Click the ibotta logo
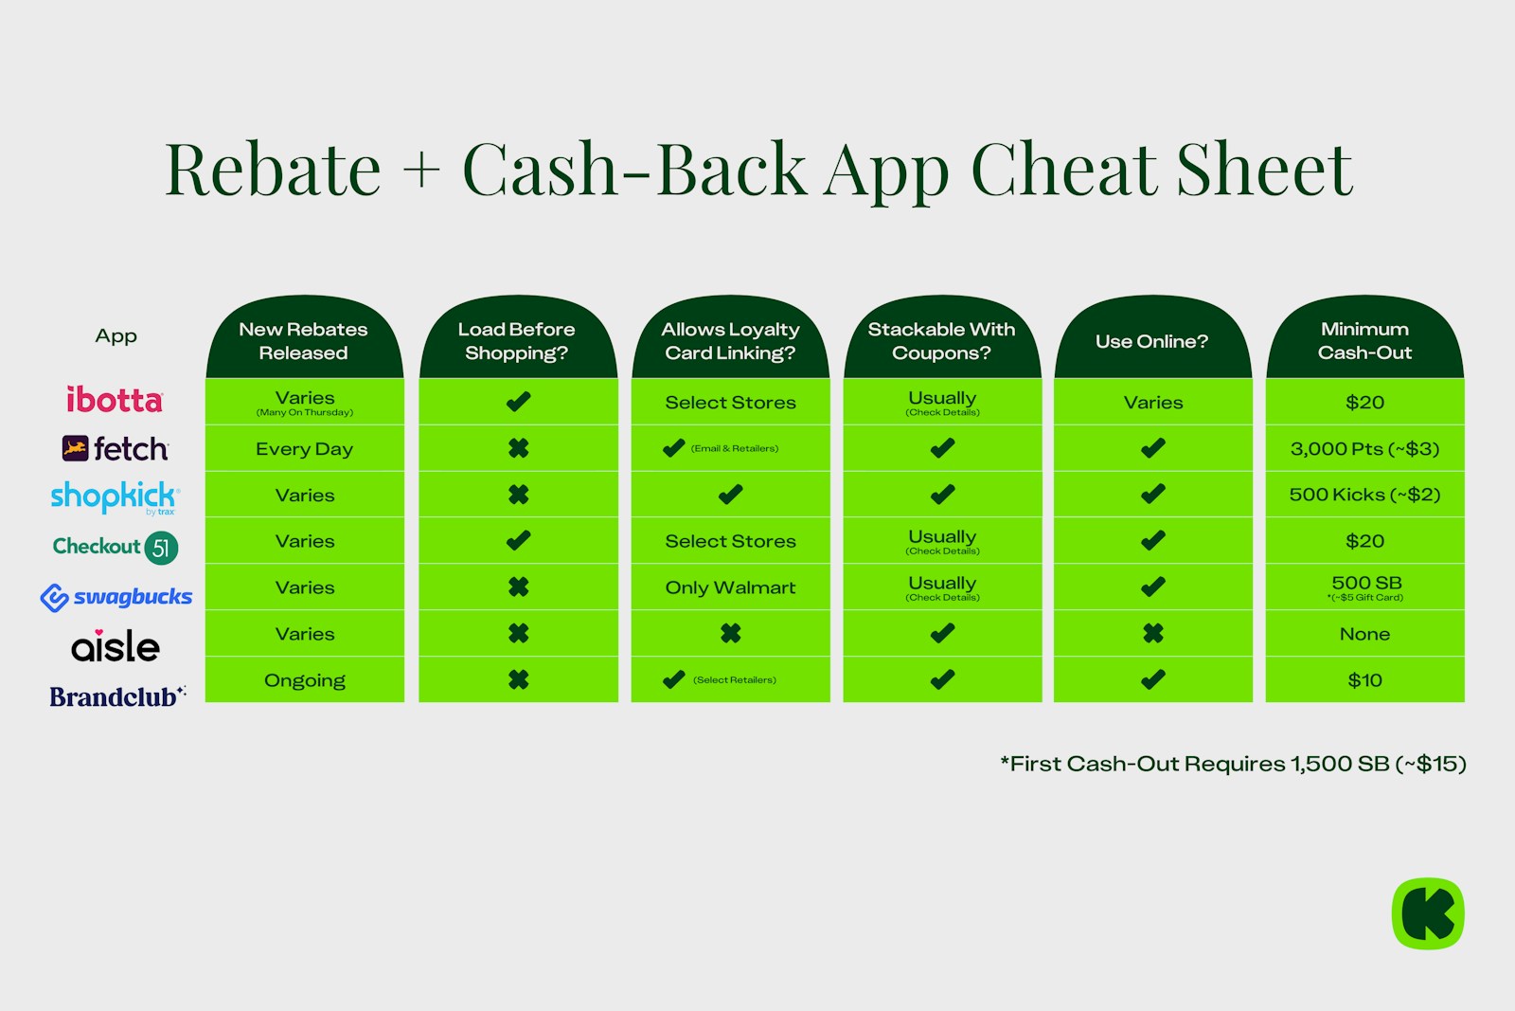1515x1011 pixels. click(115, 400)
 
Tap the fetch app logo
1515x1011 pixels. click(116, 448)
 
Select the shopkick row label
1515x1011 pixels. click(114, 496)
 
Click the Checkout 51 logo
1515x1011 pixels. click(116, 547)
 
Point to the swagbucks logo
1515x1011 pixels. click(116, 597)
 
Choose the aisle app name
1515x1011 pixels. click(116, 647)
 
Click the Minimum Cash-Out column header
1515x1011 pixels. click(1364, 341)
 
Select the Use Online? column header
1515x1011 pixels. click(1151, 341)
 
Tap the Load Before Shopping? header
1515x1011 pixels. click(517, 341)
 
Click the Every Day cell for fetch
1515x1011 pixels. click(304, 449)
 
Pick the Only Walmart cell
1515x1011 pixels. click(730, 587)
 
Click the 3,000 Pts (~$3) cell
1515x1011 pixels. click(1364, 449)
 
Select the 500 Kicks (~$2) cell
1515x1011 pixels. click(1364, 495)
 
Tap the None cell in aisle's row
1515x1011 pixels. click(1364, 634)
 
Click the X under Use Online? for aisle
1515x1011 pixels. click(1152, 633)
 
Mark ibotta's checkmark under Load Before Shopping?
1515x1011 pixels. click(518, 402)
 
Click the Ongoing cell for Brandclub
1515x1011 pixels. click(304, 680)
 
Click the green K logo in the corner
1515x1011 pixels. click(1428, 913)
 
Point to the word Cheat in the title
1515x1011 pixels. click(1064, 171)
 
